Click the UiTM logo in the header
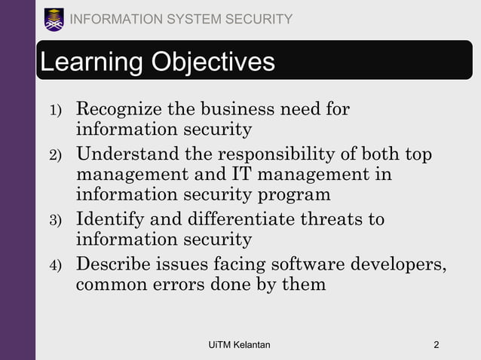pos(54,19)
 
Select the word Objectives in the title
pos(215,63)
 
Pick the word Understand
pos(129,155)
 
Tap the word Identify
pos(110,220)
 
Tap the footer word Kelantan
pos(252,345)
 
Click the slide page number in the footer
pos(437,345)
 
